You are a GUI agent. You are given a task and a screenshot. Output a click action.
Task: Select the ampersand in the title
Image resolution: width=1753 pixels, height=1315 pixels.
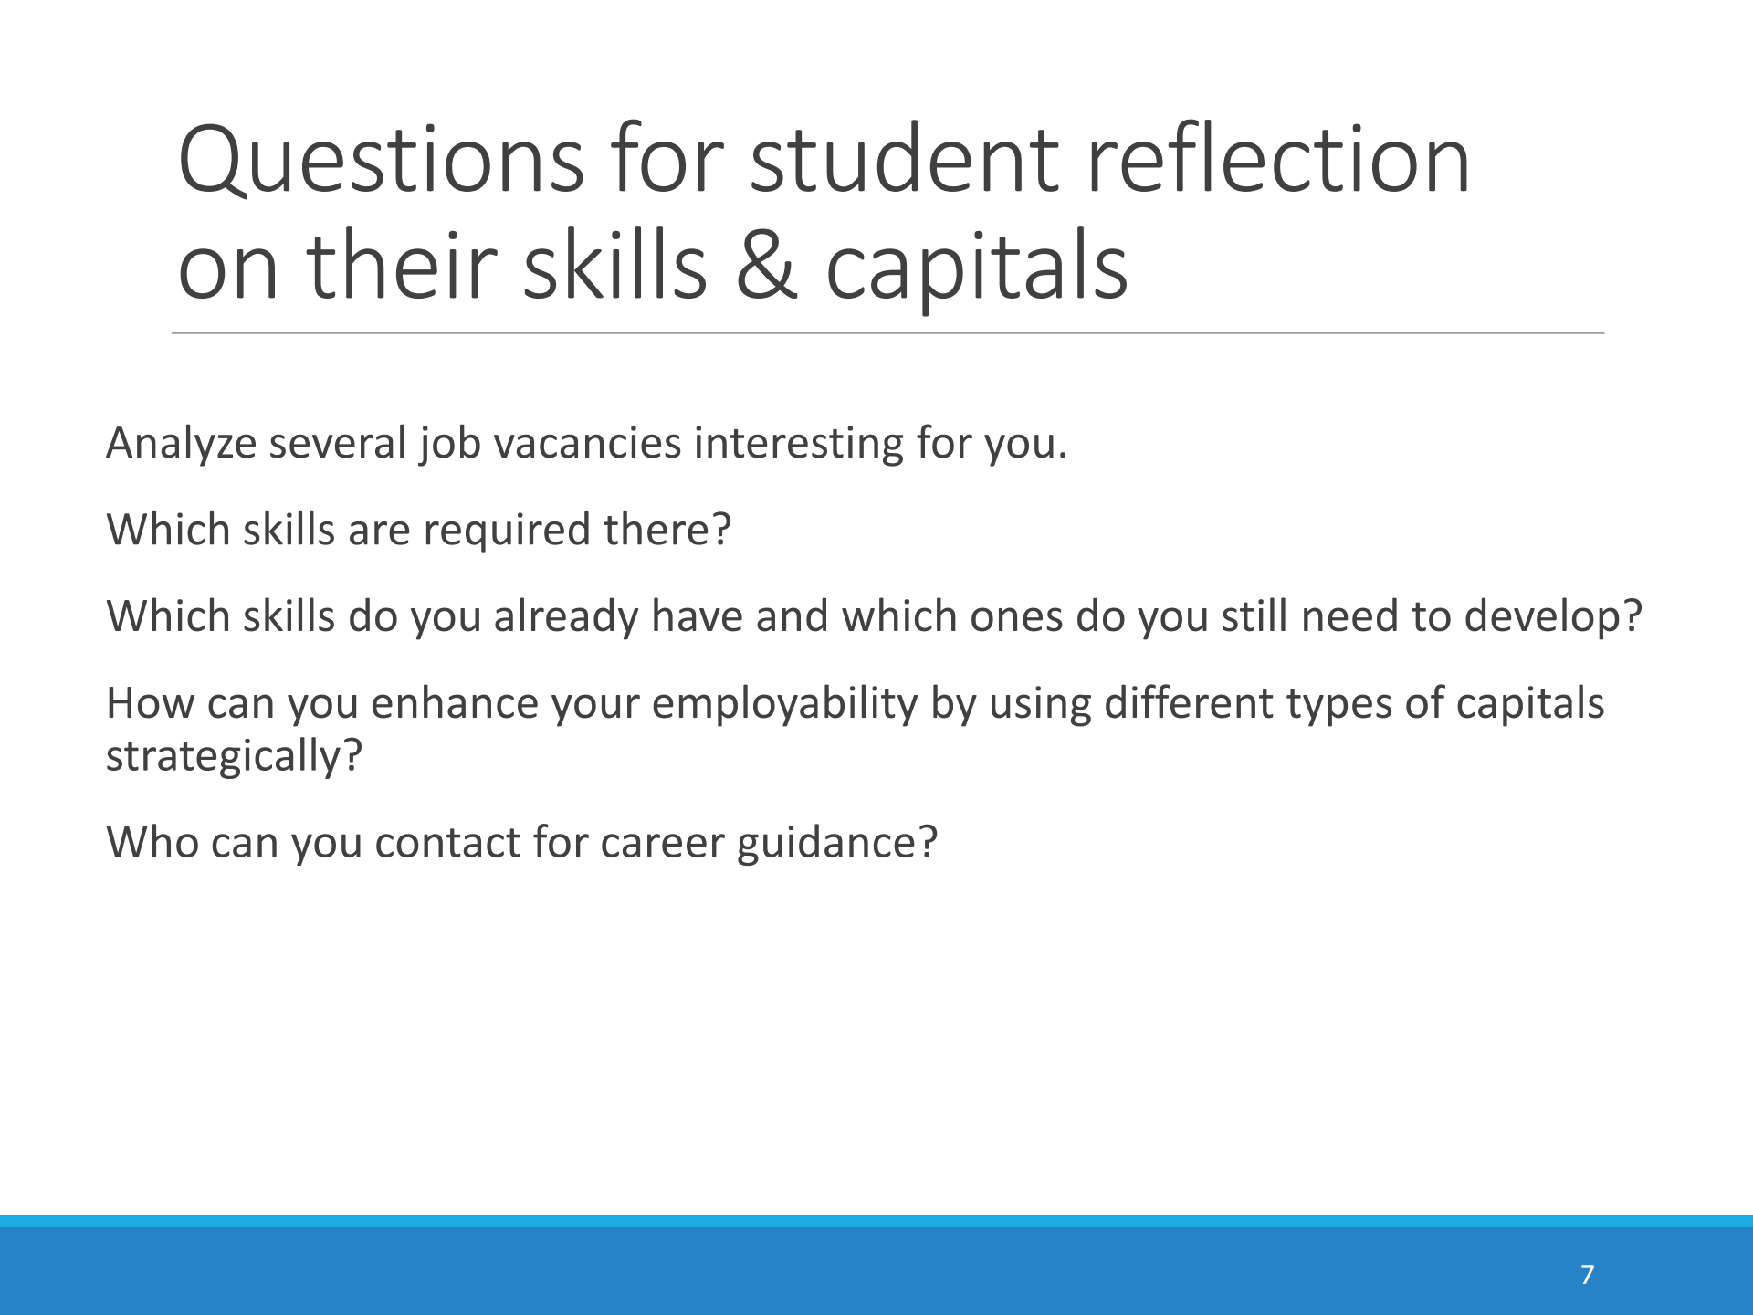(x=767, y=266)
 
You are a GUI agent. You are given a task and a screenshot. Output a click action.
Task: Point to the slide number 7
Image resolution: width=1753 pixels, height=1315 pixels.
(x=1588, y=1274)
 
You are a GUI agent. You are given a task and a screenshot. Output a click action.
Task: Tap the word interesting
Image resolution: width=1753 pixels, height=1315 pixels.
(x=799, y=445)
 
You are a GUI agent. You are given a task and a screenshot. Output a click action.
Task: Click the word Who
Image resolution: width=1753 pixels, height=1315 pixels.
(x=152, y=843)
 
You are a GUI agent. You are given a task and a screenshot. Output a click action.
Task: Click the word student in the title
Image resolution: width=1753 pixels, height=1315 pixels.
(x=905, y=161)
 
